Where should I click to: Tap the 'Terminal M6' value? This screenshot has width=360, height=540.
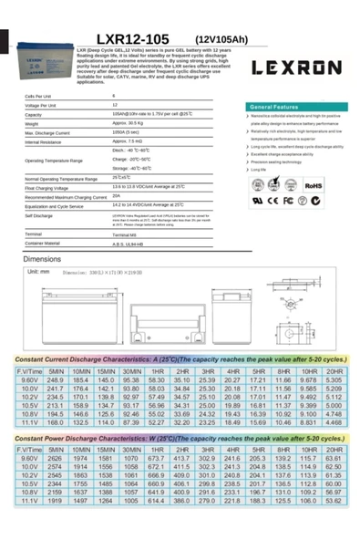(x=126, y=235)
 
